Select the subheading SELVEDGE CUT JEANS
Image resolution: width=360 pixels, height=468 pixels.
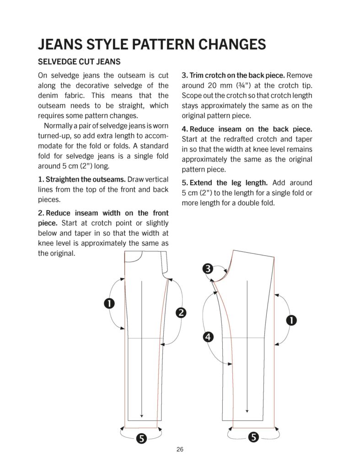coord(79,61)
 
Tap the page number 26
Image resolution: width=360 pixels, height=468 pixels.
coord(180,449)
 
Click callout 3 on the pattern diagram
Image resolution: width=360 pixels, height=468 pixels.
coord(208,269)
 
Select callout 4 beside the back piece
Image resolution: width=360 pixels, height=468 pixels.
coord(208,337)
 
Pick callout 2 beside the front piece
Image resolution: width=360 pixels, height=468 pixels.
coord(181,313)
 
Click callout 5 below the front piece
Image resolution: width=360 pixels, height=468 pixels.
coord(141,438)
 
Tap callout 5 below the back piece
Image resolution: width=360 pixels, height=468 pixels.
coord(253,437)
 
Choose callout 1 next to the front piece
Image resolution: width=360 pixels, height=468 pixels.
coord(109,303)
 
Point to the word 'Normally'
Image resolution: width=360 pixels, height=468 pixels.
coord(59,126)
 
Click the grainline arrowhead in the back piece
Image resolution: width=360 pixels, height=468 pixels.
coord(247,410)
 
